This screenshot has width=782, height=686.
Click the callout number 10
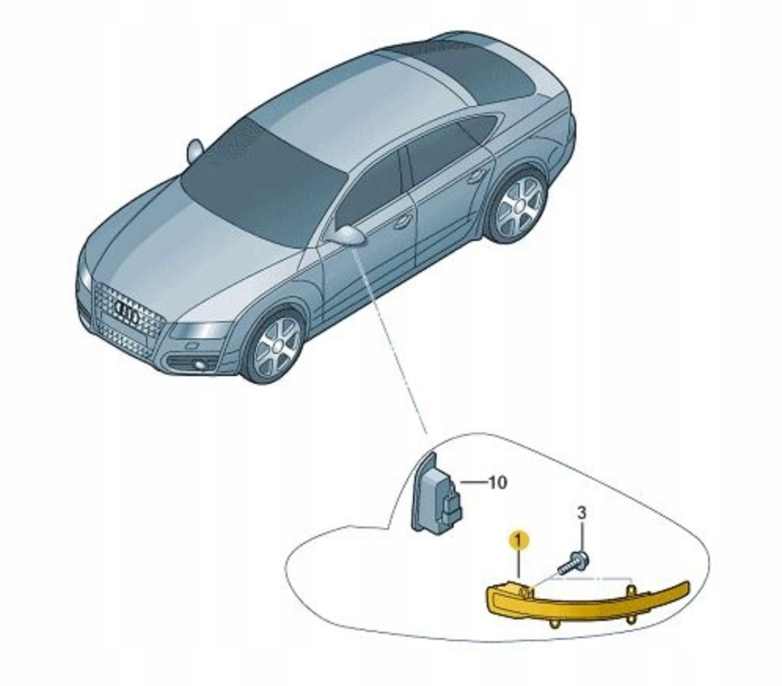(496, 482)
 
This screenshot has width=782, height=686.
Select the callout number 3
(582, 513)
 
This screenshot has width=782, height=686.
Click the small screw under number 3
(573, 561)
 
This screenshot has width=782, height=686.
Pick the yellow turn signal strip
(589, 604)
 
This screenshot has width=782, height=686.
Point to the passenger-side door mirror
(195, 150)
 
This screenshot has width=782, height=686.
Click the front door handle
(402, 223)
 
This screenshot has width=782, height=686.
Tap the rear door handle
(478, 176)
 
